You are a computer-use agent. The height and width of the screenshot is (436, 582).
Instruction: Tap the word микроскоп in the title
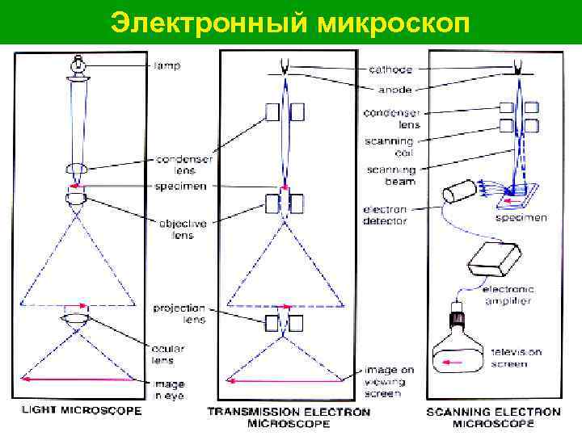click(x=389, y=22)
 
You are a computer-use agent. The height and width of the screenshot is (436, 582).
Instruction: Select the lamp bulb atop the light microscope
click(x=78, y=62)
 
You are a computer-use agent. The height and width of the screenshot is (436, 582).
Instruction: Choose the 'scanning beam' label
click(x=391, y=175)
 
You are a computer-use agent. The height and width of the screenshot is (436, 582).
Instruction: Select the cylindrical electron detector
click(x=458, y=191)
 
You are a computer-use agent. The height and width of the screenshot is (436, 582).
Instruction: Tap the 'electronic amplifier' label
click(x=507, y=295)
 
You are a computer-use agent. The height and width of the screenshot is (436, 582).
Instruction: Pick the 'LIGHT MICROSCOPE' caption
click(x=82, y=411)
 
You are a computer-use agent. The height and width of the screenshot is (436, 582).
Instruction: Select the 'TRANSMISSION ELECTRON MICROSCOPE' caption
click(x=289, y=417)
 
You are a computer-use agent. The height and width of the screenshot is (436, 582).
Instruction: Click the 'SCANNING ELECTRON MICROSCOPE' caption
click(x=493, y=417)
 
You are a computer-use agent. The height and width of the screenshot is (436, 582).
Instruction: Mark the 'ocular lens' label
click(x=167, y=353)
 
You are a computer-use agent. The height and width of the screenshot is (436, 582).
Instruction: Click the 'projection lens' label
click(x=179, y=313)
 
